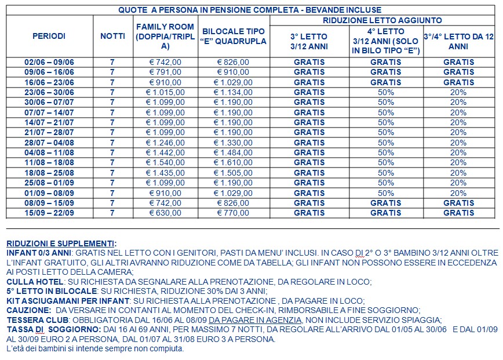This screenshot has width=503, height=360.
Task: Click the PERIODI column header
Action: [49, 36]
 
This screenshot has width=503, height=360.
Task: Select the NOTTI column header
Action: [112, 36]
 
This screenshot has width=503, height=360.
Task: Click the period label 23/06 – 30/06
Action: [49, 92]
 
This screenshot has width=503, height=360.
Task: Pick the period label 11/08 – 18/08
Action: [49, 163]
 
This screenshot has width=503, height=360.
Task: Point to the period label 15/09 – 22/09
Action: [49, 213]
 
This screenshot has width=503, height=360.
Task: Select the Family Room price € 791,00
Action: [165, 72]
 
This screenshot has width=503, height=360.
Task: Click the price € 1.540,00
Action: [165, 163]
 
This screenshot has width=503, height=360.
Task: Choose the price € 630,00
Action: [165, 213]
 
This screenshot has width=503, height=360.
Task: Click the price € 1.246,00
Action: [165, 143]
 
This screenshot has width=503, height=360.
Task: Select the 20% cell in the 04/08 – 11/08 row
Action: [458, 152]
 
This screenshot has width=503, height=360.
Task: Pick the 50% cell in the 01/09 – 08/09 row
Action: [386, 193]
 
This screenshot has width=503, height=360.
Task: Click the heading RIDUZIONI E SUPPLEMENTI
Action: [61, 243]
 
